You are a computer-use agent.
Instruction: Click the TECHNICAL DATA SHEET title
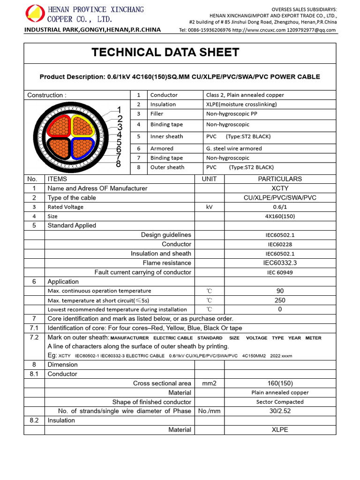point(165,52)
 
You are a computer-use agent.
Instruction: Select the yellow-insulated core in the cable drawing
point(83,125)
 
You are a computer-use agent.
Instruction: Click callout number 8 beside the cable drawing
point(119,164)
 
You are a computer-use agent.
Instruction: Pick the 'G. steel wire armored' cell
point(234,149)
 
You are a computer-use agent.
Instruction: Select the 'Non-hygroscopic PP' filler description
point(231,114)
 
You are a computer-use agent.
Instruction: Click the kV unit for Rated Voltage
point(209,207)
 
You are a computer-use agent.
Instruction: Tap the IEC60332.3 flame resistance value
point(280,263)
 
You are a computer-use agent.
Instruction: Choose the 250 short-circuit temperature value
point(280,300)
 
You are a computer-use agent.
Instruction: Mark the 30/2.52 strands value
point(280,411)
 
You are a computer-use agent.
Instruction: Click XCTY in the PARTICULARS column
point(280,188)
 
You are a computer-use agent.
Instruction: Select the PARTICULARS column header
point(280,179)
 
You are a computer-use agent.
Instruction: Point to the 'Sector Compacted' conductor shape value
point(280,402)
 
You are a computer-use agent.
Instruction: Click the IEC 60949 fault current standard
point(280,272)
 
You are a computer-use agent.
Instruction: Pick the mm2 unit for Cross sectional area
point(209,383)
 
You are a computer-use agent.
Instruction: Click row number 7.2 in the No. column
point(34,337)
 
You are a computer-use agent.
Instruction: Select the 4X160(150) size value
point(280,216)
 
